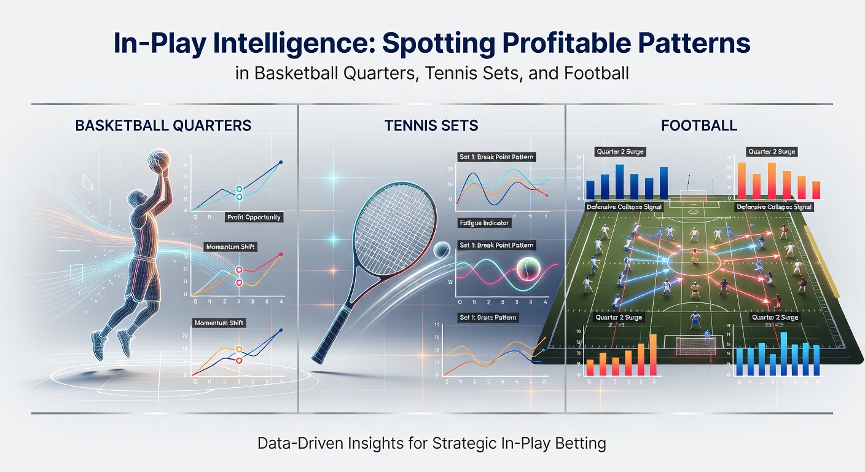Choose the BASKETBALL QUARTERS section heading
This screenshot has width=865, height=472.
(x=163, y=125)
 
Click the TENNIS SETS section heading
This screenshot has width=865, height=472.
(x=431, y=126)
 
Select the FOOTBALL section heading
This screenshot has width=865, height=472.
(x=699, y=126)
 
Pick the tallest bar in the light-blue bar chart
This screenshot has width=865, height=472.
(x=784, y=353)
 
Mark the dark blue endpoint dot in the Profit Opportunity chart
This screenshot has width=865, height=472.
(x=281, y=162)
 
